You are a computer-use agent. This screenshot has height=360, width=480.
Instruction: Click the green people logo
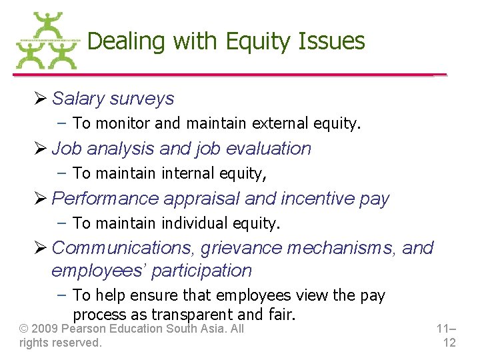pos(46,41)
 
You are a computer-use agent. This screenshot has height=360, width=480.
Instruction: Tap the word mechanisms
pos(341,248)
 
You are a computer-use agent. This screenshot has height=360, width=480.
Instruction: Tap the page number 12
pos(449,343)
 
